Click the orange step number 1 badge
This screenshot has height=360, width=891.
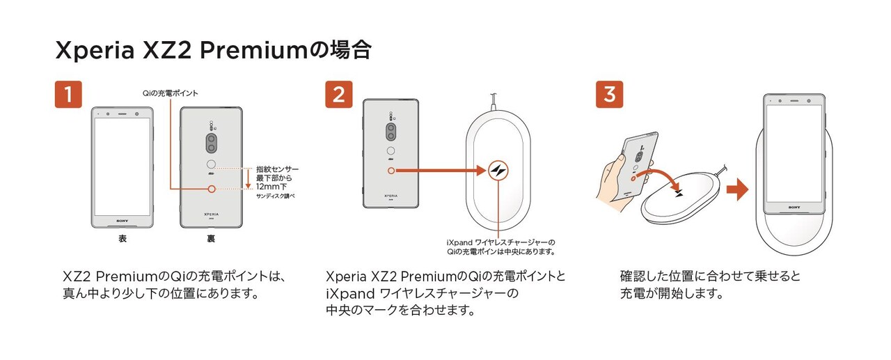coord(68,94)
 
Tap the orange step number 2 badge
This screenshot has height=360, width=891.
coord(338,94)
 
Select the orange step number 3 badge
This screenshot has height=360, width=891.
coord(609,94)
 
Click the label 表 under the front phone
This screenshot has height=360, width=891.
coord(123,239)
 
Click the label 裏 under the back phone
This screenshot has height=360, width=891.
coord(211,239)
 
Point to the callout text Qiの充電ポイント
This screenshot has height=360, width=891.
coord(171,93)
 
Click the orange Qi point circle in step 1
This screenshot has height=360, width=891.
coord(212,189)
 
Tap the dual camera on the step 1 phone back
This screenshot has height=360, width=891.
coord(211,143)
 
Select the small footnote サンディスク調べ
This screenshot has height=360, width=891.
coord(275,196)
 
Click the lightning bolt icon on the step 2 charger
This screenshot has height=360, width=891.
coord(498,171)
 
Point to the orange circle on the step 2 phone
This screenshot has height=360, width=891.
coord(391,171)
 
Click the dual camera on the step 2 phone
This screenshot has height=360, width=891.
coord(391,132)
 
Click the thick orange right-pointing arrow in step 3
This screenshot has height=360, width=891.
coord(737,189)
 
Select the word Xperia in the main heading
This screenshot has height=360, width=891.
coord(95,51)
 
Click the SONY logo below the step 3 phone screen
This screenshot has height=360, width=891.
coord(794,208)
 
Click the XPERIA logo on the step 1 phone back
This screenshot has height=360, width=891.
coord(211,214)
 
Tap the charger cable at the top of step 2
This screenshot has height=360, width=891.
coord(494,102)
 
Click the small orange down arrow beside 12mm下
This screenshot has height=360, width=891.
coord(248,179)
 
